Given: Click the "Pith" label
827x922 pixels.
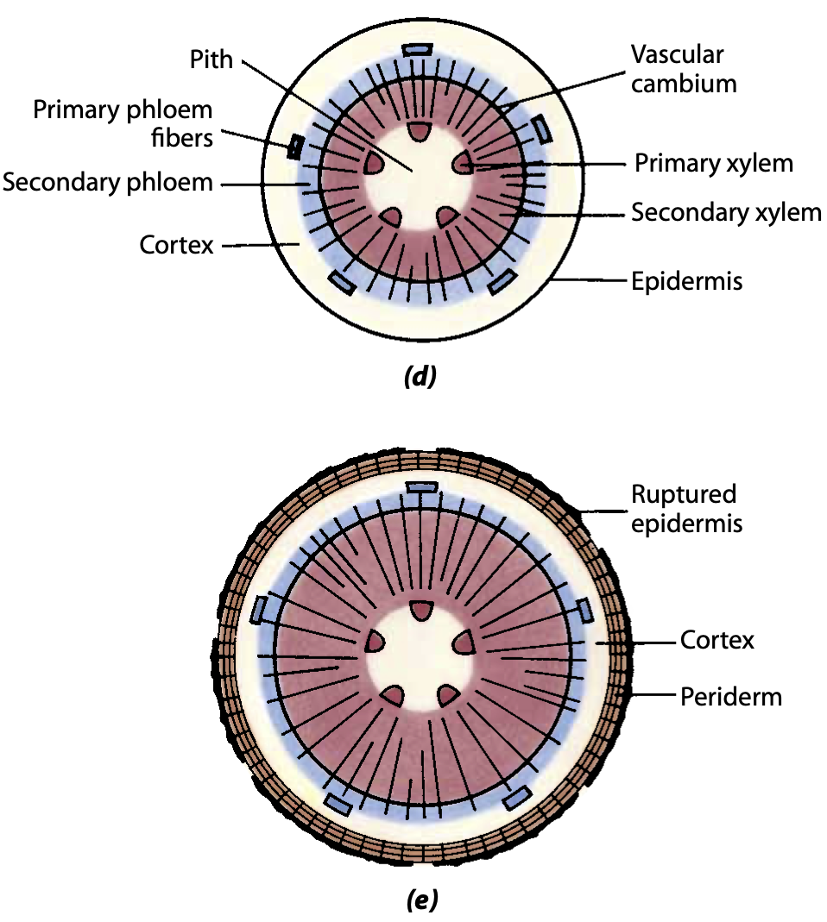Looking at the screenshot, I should (x=211, y=60).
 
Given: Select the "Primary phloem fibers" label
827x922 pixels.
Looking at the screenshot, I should (x=123, y=123).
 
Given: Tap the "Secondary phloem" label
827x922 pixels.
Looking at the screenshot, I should (x=107, y=183).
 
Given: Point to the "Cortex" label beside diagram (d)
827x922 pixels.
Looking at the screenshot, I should (x=176, y=245).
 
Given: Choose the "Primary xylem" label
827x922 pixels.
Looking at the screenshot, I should (x=713, y=163).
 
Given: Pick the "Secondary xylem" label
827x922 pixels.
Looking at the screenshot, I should (x=726, y=212).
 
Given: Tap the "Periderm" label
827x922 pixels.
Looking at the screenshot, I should (x=730, y=696).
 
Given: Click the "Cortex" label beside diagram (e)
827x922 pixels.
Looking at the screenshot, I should (x=717, y=641).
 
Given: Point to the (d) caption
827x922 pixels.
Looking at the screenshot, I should (x=420, y=376).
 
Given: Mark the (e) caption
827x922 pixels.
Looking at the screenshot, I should (x=421, y=901).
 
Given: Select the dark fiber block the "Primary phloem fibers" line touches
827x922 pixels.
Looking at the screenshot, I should (x=295, y=147).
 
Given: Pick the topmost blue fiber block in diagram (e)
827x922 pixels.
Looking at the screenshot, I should (x=424, y=488).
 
